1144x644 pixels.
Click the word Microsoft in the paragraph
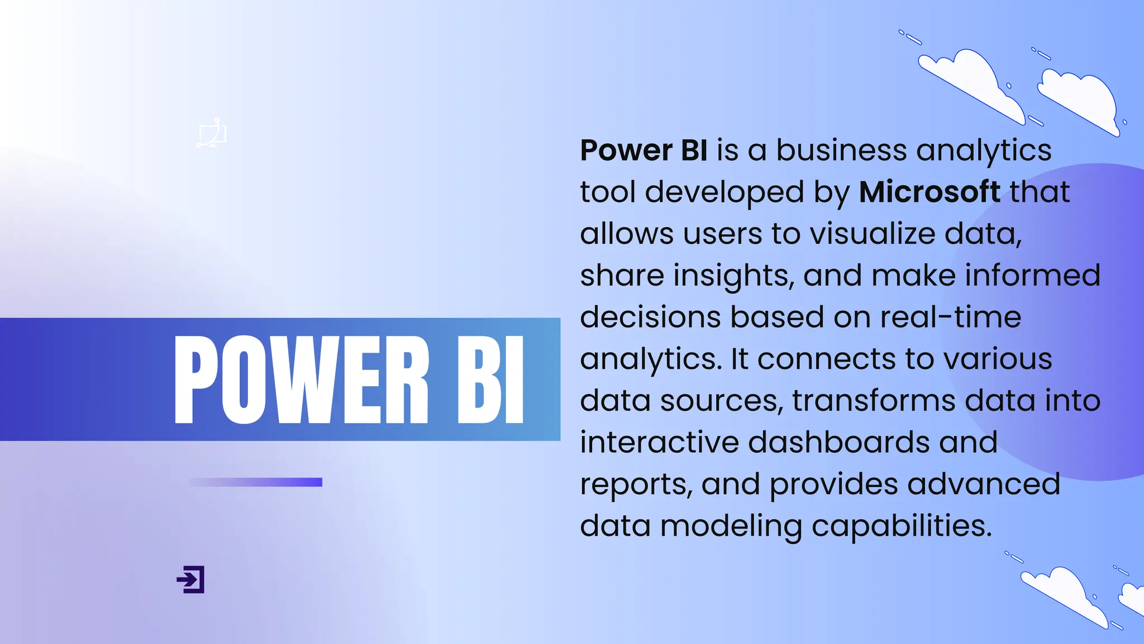[929, 192]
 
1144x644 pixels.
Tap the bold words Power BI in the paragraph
[643, 150]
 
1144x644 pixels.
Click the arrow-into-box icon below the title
[190, 579]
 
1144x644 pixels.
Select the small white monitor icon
[212, 134]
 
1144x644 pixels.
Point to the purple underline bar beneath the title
[256, 482]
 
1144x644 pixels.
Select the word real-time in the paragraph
[951, 317]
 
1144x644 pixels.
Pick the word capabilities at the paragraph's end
[901, 526]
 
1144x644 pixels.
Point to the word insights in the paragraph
[733, 276]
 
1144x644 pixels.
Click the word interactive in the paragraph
[659, 442]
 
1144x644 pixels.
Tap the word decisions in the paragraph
[650, 317]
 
